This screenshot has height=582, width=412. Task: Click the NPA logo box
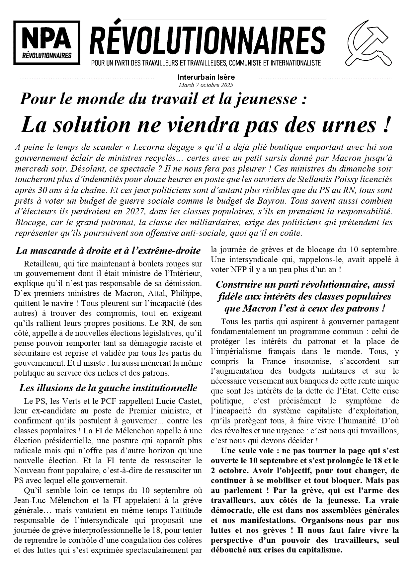47,43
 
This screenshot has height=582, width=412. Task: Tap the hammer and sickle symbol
369,43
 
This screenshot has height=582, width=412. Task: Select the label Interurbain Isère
206,77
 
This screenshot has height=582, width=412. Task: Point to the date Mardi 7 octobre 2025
206,85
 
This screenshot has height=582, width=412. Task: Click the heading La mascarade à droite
108,251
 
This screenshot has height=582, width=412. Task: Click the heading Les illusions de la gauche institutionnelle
108,388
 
